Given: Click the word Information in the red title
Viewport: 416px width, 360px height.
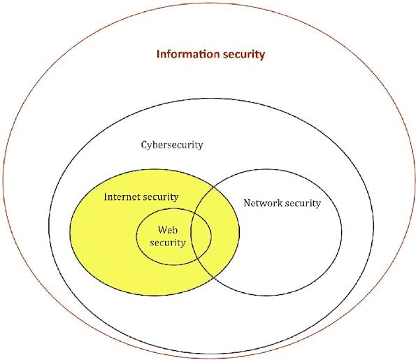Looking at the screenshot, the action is pyautogui.click(x=188, y=54).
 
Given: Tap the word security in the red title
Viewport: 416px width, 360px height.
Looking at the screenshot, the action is pyautogui.click(x=244, y=55).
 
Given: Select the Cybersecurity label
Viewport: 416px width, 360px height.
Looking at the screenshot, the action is pyautogui.click(x=172, y=145).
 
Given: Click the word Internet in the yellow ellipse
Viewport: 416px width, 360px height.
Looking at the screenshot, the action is pyautogui.click(x=122, y=197).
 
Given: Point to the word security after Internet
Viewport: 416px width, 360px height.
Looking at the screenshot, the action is pyautogui.click(x=161, y=198).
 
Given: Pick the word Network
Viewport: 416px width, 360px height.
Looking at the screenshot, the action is pyautogui.click(x=263, y=203).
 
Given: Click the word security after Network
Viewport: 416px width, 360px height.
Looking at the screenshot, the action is pyautogui.click(x=303, y=204).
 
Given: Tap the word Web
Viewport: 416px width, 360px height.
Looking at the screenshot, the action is pyautogui.click(x=168, y=230).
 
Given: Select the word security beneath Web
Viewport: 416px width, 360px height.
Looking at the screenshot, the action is pyautogui.click(x=168, y=243).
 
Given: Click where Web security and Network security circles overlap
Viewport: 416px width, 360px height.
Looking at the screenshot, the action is pyautogui.click(x=201, y=237).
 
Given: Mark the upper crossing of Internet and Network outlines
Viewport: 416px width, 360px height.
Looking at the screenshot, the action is pyautogui.click(x=214, y=187).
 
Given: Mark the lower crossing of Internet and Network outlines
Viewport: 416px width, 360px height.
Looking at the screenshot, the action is pyautogui.click(x=214, y=278).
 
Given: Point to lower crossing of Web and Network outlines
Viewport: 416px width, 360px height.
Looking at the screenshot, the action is pyautogui.click(x=199, y=261).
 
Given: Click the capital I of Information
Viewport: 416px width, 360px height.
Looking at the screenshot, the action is pyautogui.click(x=158, y=54).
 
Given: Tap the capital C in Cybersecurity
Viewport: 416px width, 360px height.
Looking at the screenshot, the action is pyautogui.click(x=144, y=145).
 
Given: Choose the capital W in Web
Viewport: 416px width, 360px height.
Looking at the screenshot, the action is pyautogui.click(x=163, y=230).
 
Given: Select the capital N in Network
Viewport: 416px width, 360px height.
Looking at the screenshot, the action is pyautogui.click(x=248, y=203).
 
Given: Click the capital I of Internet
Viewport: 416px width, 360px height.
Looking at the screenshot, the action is pyautogui.click(x=106, y=197).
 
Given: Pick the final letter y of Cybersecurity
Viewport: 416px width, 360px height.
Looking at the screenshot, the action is pyautogui.click(x=201, y=147).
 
